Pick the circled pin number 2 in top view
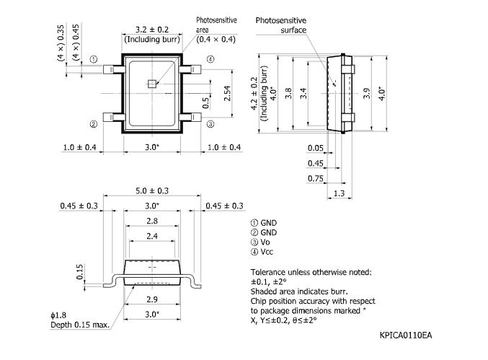tap(94, 124)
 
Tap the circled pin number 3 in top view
tap(210, 124)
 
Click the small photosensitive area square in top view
tap(151, 83)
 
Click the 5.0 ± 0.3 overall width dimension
tap(152, 190)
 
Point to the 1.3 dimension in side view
tap(339, 194)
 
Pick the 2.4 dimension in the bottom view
tap(151, 236)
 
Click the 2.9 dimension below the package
tap(151, 299)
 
